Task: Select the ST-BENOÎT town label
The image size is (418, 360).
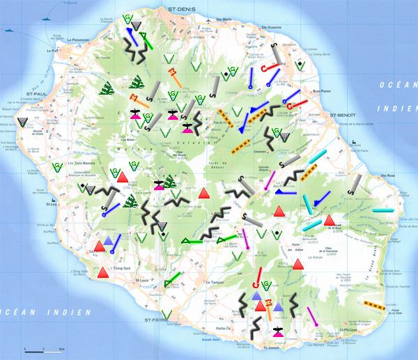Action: (x=343, y=114)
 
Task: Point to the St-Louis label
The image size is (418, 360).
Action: (x=141, y=281)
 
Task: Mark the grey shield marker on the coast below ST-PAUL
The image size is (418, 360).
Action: (x=24, y=123)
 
